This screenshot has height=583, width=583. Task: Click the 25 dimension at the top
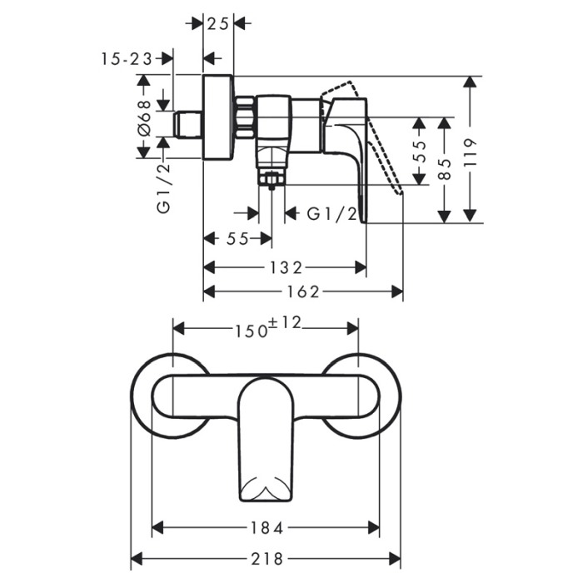pyautogui.click(x=217, y=24)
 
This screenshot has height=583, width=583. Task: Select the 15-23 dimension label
pyautogui.click(x=127, y=59)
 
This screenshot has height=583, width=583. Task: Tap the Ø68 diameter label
pyautogui.click(x=144, y=117)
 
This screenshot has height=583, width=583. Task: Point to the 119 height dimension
pyautogui.click(x=470, y=152)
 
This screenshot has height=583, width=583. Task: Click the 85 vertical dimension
pyautogui.click(x=444, y=169)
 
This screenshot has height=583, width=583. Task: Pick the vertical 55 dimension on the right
pyautogui.click(x=420, y=151)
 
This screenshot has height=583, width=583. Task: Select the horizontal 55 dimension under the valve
pyautogui.click(x=237, y=239)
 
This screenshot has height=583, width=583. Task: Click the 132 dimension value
pyautogui.click(x=286, y=267)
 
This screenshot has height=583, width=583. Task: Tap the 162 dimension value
pyautogui.click(x=303, y=292)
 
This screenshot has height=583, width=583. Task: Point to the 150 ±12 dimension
pyautogui.click(x=267, y=327)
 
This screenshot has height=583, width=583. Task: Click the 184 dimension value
pyautogui.click(x=267, y=528)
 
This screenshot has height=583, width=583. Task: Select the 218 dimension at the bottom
pyautogui.click(x=267, y=559)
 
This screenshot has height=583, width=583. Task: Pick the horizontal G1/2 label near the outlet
pyautogui.click(x=331, y=214)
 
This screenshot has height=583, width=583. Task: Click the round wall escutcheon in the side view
pyautogui.click(x=218, y=117)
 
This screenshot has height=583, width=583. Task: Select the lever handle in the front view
pyautogui.click(x=266, y=440)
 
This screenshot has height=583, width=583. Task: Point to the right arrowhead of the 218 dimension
pyautogui.click(x=395, y=559)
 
